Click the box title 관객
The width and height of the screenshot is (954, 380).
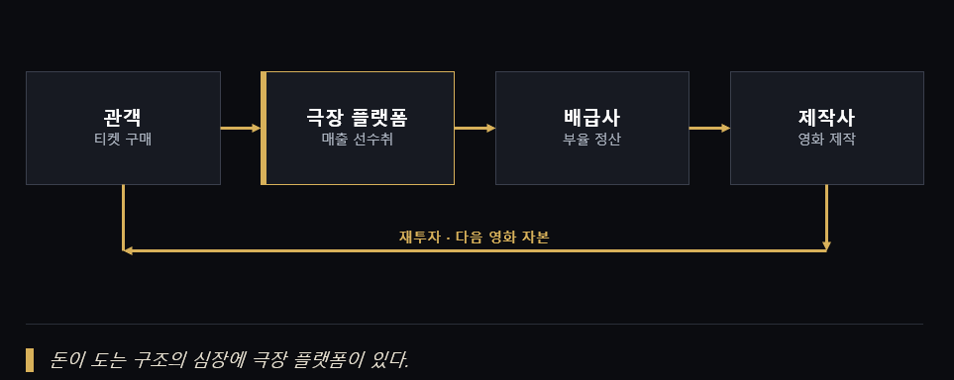123,118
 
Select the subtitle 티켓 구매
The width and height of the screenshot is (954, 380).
123,140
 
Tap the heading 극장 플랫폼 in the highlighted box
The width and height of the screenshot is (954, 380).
358,118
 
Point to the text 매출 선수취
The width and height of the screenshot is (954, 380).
358,140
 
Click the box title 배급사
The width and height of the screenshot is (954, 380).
592,118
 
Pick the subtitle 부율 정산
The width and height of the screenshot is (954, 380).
592,140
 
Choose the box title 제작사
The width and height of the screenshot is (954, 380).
827,118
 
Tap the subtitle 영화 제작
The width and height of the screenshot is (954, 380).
827,140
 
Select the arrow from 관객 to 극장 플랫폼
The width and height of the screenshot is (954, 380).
241,129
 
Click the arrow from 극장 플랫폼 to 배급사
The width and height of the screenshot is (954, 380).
475,129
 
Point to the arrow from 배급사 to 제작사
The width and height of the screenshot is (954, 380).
709,129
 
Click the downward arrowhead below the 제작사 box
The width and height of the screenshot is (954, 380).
826,245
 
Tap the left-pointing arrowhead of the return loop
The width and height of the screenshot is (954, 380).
127,250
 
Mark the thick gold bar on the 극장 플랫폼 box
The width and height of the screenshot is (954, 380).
264,129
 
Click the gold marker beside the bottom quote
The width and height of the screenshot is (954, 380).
29,360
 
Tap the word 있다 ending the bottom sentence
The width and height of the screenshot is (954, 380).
392,360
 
